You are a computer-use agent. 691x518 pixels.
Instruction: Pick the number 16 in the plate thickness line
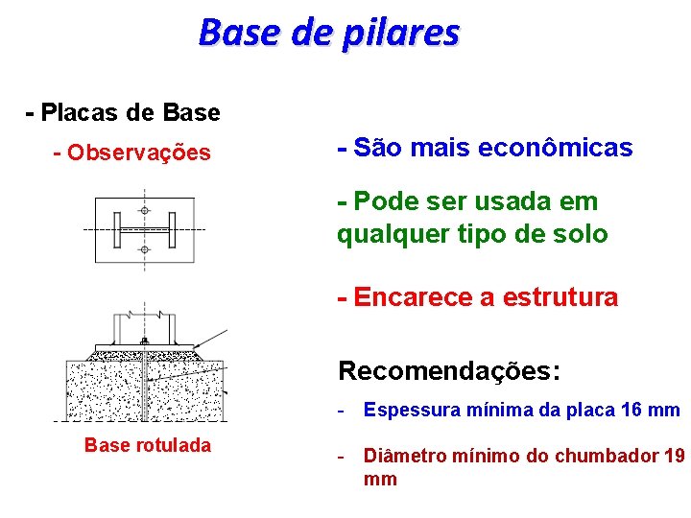(632, 411)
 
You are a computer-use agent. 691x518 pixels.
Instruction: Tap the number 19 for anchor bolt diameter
(674, 456)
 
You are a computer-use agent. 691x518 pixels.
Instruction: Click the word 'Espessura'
(407, 411)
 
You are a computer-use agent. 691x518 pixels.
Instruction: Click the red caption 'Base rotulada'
(147, 445)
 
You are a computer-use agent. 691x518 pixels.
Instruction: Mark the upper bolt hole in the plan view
(144, 210)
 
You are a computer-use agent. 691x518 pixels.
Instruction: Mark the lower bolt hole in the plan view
(144, 249)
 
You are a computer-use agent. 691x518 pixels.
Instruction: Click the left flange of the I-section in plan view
(116, 230)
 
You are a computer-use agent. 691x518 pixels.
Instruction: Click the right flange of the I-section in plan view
(172, 230)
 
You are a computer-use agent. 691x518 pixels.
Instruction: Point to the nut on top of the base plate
(144, 341)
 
